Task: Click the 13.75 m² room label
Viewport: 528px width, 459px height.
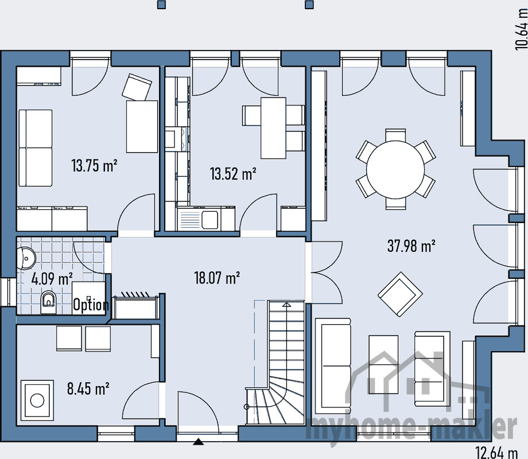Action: pos(95,166)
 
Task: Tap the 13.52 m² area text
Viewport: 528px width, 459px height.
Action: pos(233,173)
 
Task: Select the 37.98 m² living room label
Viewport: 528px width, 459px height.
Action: pos(411,247)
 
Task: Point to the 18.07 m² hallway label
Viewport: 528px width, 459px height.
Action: pos(217,278)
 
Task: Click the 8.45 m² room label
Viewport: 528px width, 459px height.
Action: pos(88,389)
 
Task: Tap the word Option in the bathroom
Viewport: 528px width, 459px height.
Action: pos(91,305)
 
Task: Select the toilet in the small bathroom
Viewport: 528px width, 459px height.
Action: pos(48,301)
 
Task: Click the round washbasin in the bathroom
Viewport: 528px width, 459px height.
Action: pos(27,258)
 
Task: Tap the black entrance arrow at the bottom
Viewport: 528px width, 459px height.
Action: pos(199,442)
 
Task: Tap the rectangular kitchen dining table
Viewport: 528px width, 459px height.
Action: pos(273,128)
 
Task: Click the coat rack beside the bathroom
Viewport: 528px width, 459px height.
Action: pos(136,307)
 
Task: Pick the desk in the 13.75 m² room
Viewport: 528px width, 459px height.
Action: pos(142,126)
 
